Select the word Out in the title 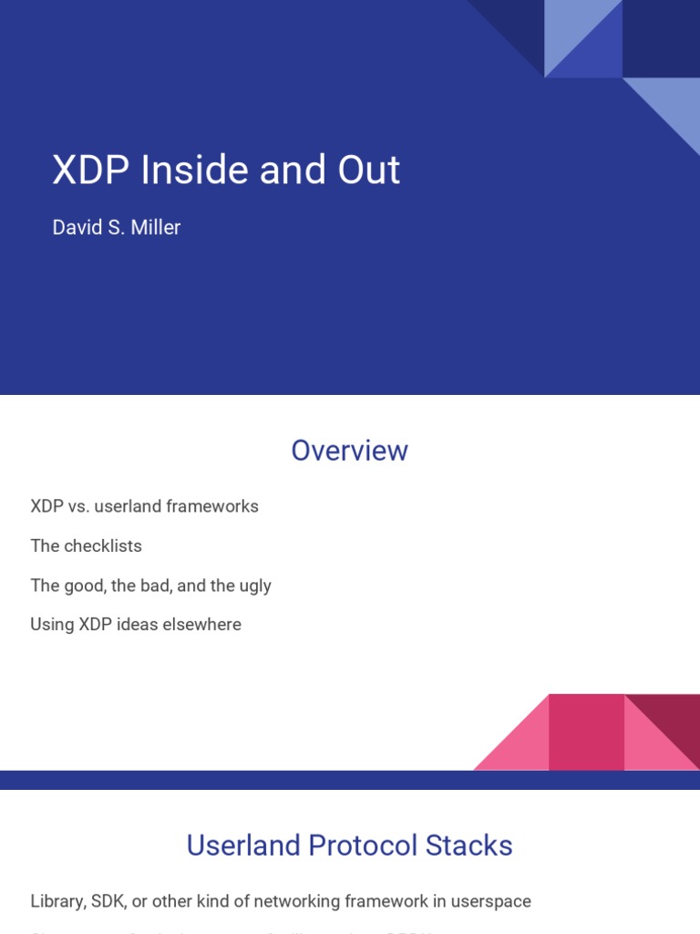(369, 171)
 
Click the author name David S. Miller (117, 228)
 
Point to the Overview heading (349, 451)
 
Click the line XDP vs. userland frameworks (144, 506)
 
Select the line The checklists (86, 546)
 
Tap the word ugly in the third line (254, 586)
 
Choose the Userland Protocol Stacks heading (349, 846)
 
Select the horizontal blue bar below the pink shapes (349, 780)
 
